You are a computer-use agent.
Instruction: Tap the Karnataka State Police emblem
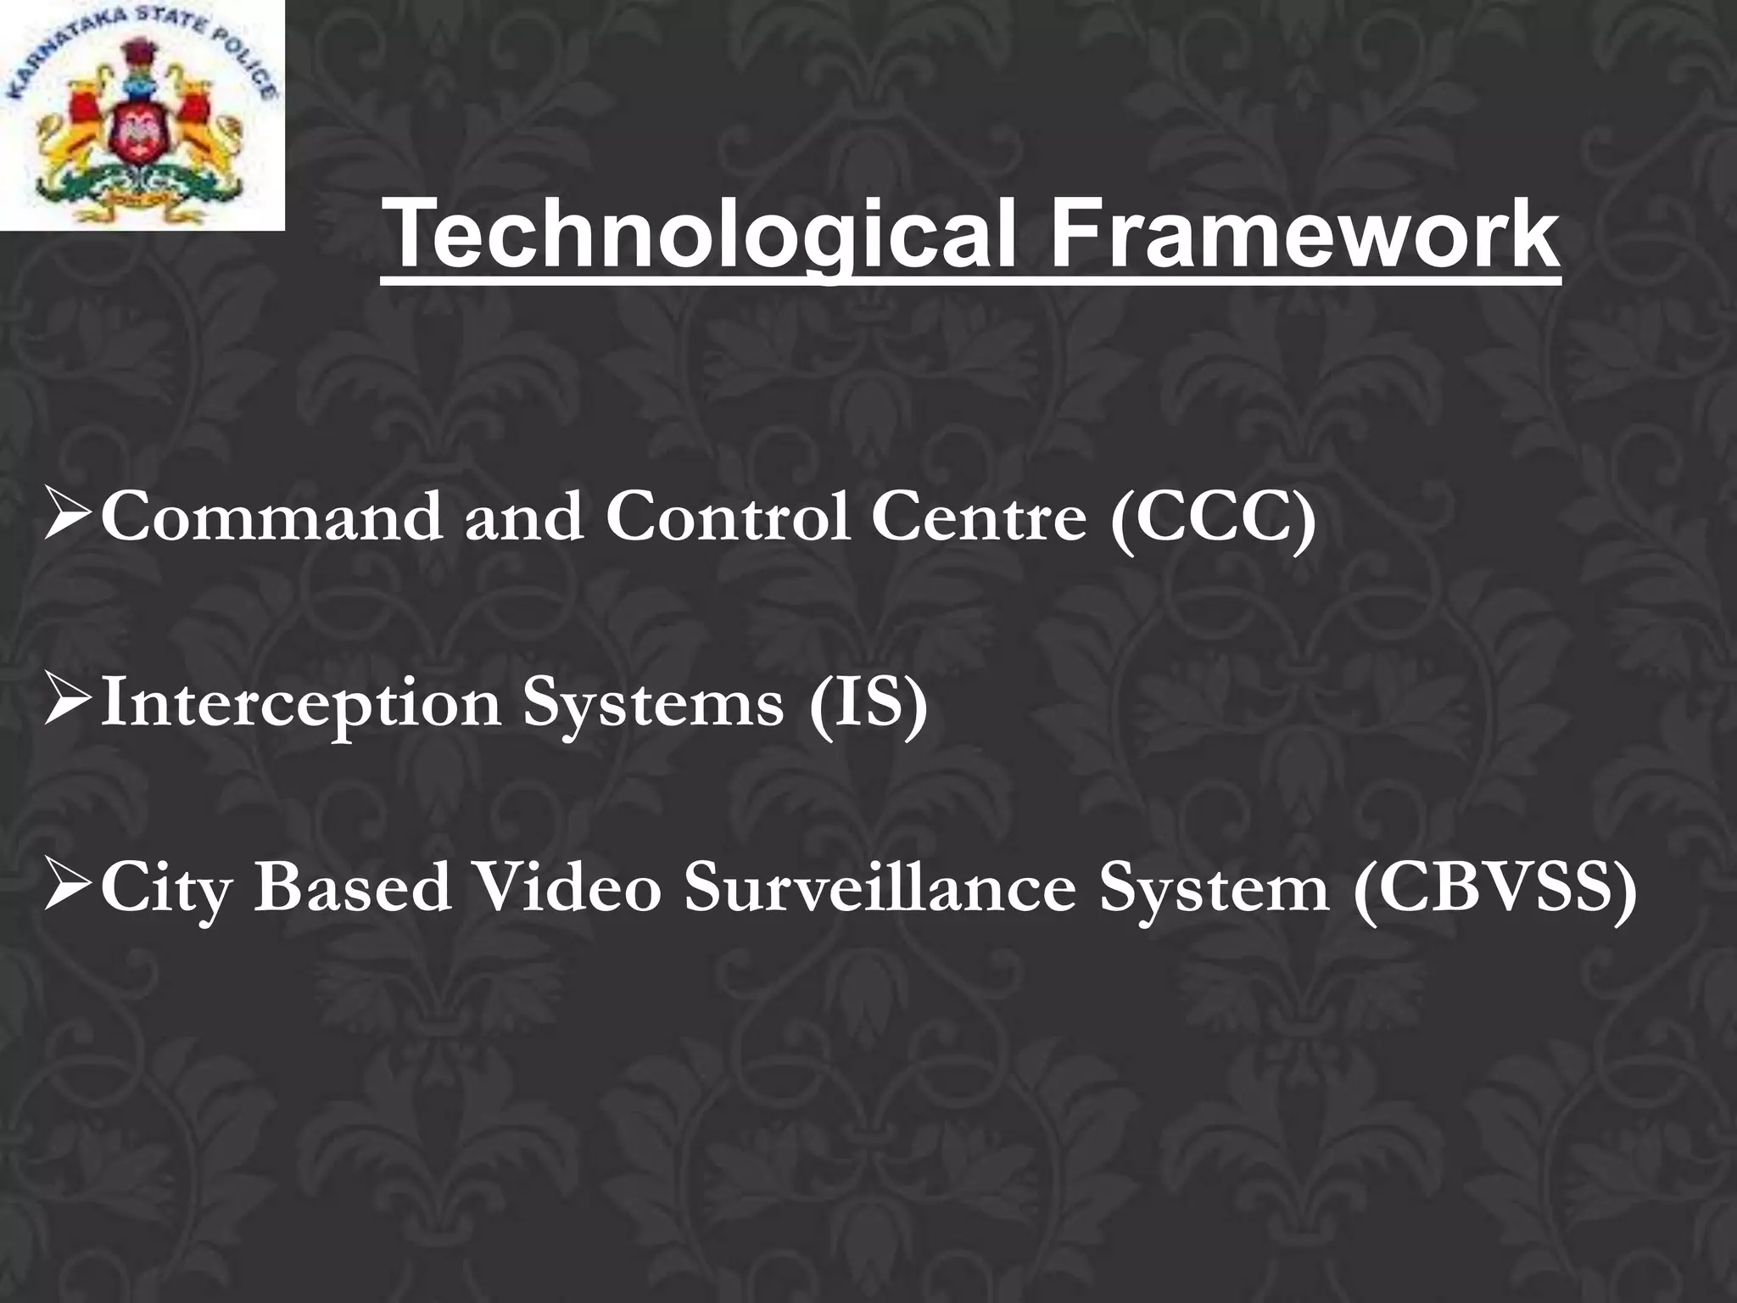point(141,115)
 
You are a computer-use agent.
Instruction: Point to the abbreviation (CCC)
point(1214,517)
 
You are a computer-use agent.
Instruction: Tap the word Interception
point(300,703)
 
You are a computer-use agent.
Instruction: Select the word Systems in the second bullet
point(653,705)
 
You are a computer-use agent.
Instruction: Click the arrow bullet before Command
point(69,517)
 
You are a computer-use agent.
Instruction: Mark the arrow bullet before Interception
point(69,703)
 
